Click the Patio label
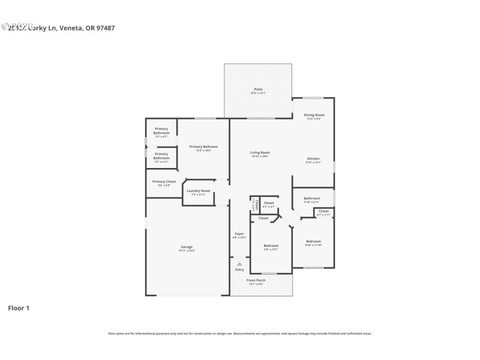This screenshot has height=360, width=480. tap(258, 90)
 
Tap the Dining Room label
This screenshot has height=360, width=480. tap(314, 115)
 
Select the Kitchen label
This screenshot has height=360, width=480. tap(313, 158)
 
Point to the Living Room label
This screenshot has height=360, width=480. tap(260, 152)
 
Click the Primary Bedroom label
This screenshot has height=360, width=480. tap(203, 146)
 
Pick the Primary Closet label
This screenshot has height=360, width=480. tap(164, 181)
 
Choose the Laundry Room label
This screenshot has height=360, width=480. tap(198, 191)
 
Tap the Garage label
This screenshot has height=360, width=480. tap(187, 247)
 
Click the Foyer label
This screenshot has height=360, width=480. tap(239, 233)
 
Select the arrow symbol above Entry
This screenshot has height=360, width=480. tap(239, 263)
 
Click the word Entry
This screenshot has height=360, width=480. tap(239, 269)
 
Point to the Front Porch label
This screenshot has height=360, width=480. tap(256, 280)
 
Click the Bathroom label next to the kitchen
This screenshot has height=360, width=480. tap(311, 198)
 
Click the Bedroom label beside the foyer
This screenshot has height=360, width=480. tap(271, 245)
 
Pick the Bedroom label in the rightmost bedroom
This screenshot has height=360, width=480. tap(313, 241)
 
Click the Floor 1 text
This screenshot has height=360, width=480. tap(18, 308)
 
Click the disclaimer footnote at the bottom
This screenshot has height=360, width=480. tap(239, 333)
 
